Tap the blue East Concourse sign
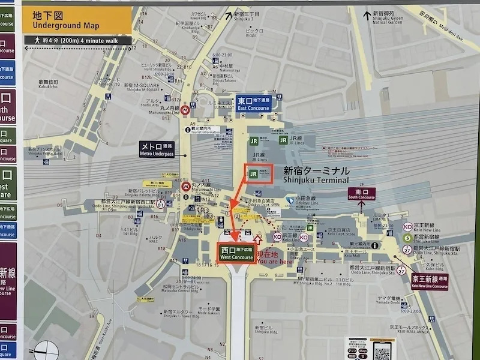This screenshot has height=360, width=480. tap(253, 104)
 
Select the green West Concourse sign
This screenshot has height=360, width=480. tap(236, 253)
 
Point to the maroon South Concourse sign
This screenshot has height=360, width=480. tap(362, 194)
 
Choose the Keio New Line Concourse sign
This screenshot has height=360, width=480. tap(430, 281)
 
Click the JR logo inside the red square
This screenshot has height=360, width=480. tap(253, 174)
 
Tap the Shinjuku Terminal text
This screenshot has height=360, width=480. tap(316, 175)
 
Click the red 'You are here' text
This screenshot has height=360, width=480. tap(274, 258)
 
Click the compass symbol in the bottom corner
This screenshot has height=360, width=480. tap(47, 350)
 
